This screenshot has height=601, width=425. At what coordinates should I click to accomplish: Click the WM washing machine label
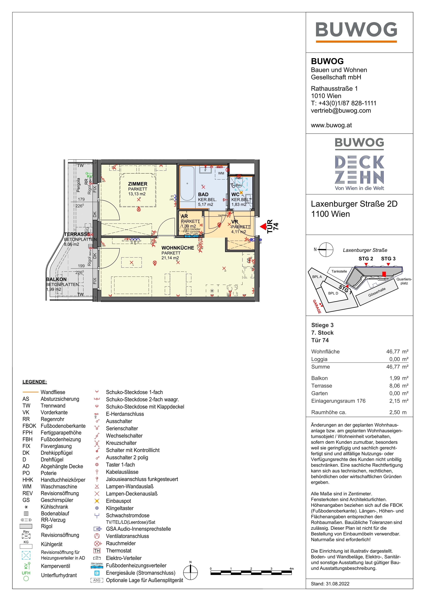click(x=221, y=173)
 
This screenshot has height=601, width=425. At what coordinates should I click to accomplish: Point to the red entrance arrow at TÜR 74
click(x=263, y=226)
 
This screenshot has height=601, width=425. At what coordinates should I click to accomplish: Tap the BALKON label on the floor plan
click(x=56, y=279)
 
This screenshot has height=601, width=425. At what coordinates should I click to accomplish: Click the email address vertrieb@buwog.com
click(x=341, y=111)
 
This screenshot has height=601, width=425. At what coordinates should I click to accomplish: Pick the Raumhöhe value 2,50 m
click(x=398, y=412)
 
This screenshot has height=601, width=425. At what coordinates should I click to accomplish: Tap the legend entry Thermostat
click(x=118, y=550)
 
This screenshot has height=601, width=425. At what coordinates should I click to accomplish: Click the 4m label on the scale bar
click(x=292, y=569)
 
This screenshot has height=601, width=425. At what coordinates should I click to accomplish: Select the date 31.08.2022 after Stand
click(x=338, y=584)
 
